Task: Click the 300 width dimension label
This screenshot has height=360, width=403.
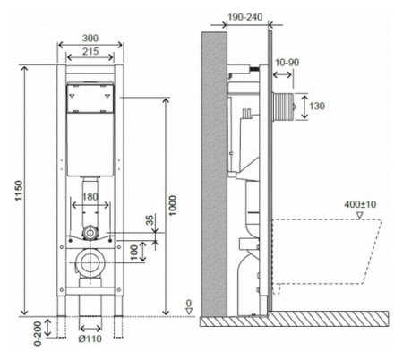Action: [x=90, y=39]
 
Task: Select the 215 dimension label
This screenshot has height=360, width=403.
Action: [x=90, y=51]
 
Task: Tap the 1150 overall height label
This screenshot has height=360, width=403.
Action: [x=19, y=191]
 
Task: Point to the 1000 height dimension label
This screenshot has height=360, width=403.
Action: [x=173, y=205]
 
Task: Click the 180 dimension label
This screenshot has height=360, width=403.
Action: [x=90, y=197]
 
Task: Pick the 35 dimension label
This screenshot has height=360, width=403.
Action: [x=150, y=220]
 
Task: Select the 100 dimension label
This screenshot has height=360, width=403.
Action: [x=134, y=253]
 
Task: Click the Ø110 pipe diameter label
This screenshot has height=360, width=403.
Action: [x=90, y=339]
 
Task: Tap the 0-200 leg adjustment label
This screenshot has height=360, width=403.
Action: [x=38, y=334]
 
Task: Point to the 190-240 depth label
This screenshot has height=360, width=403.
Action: [x=245, y=17]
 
